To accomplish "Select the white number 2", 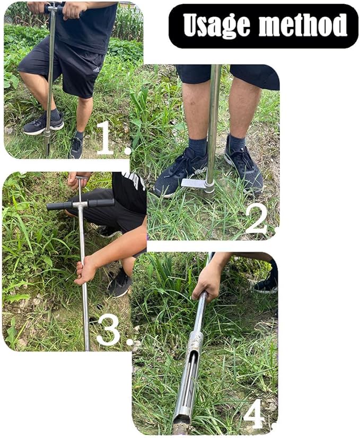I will tap(256, 218).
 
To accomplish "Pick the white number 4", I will tap(254, 413).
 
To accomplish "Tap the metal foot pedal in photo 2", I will tap(194, 183).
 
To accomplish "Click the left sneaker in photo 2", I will tap(180, 171).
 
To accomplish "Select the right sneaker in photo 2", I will tap(243, 167).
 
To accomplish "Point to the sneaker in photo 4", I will tap(265, 284).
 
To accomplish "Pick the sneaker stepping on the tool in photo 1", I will tap(42, 124).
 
